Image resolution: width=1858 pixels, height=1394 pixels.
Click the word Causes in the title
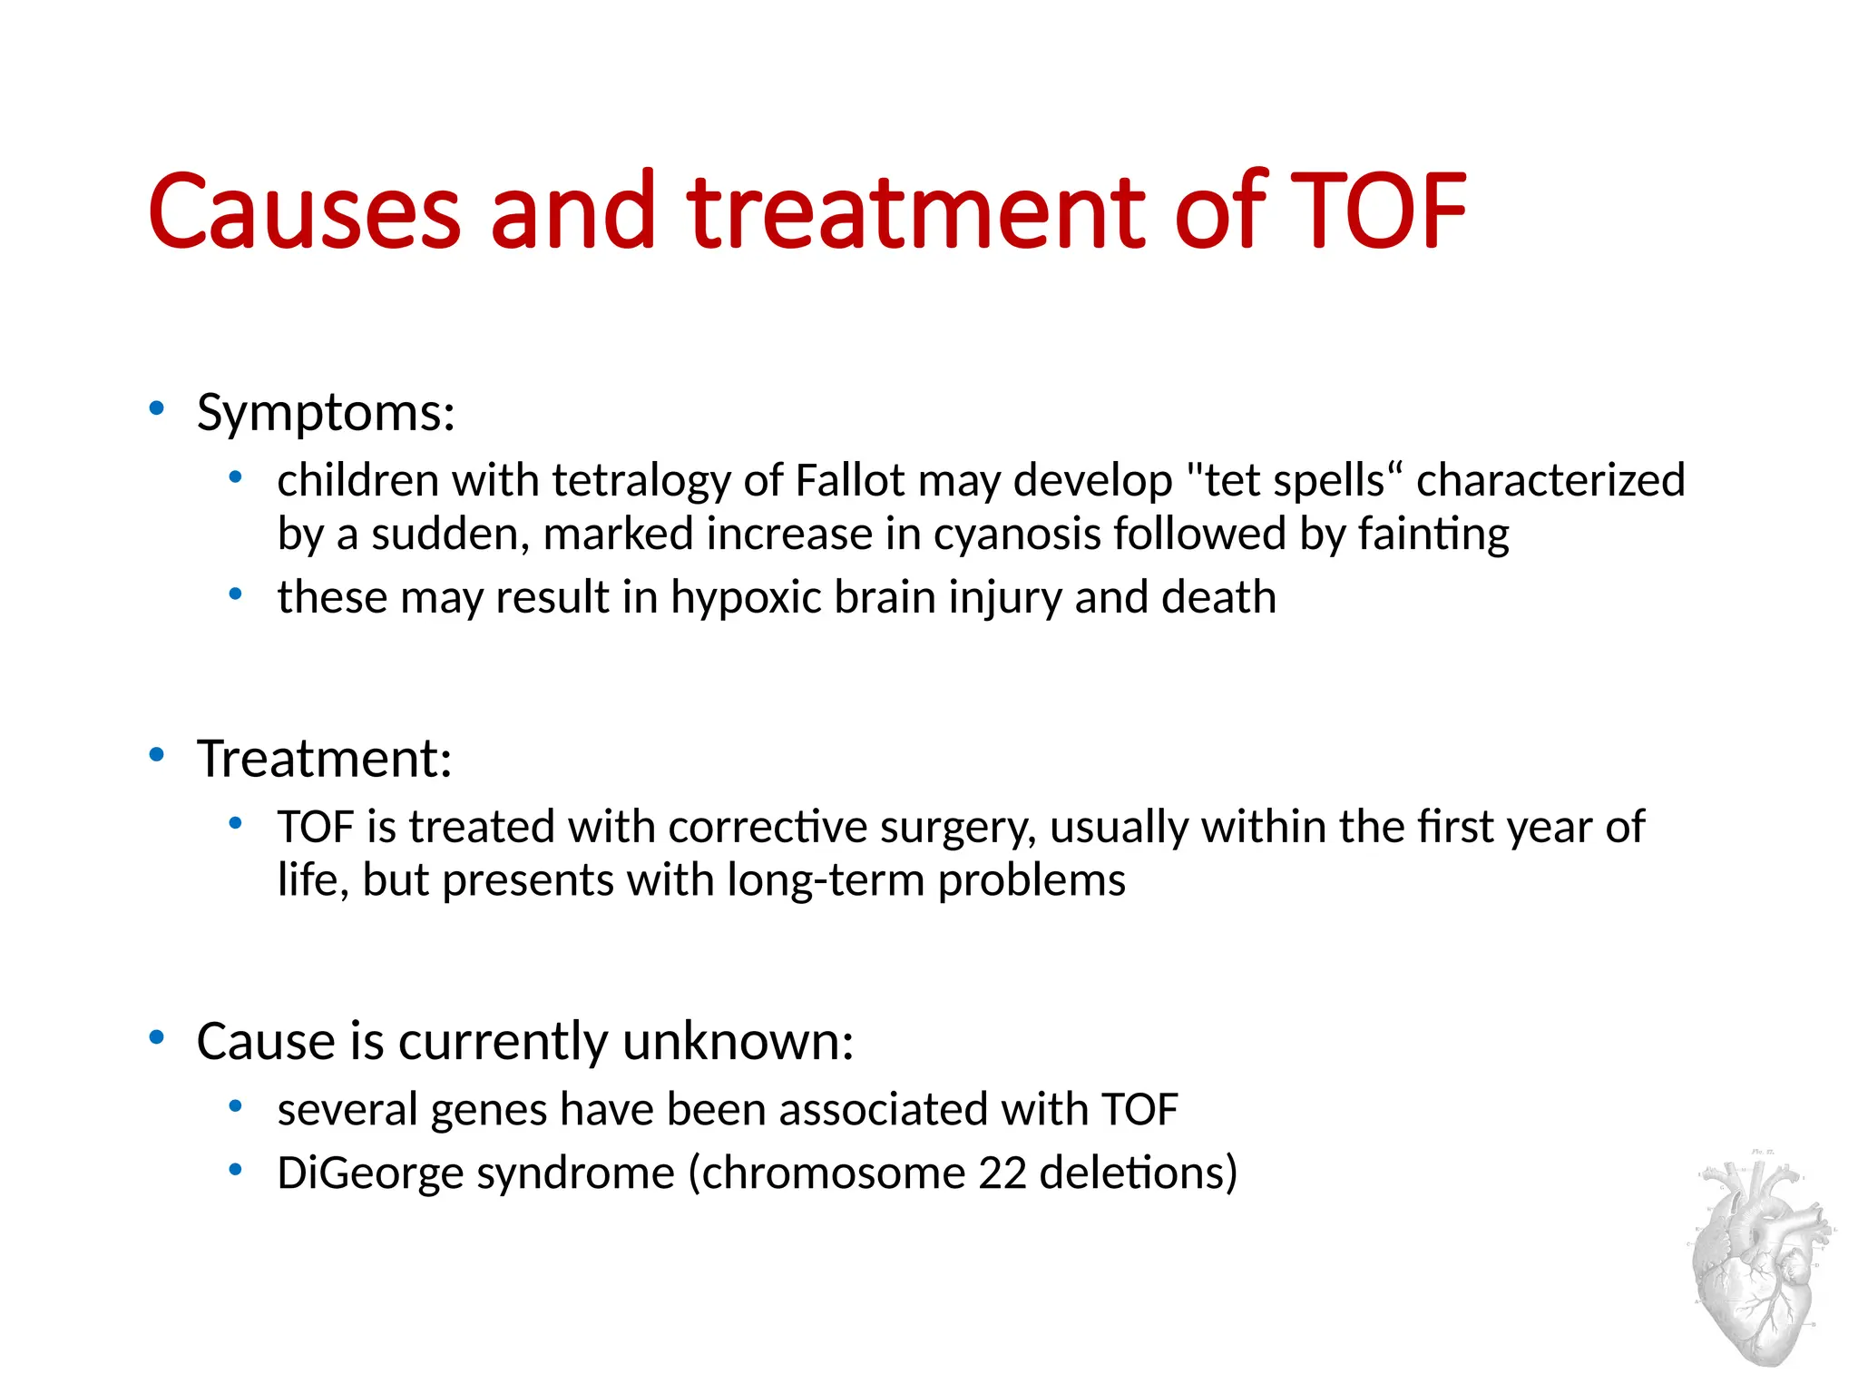click(304, 212)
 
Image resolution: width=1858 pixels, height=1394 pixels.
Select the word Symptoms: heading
click(326, 414)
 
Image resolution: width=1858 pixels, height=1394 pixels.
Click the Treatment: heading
click(324, 759)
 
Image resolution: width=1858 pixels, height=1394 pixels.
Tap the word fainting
click(1433, 535)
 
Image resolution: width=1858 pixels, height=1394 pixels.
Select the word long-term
click(825, 881)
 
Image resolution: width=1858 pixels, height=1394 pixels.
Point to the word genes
click(488, 1111)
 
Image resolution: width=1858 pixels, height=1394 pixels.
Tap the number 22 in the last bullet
click(1002, 1173)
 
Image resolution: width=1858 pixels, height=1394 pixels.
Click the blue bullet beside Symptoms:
click(157, 408)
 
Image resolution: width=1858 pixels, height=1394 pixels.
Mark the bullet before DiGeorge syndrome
click(236, 1170)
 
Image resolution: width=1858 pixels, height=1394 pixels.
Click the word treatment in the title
click(916, 212)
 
